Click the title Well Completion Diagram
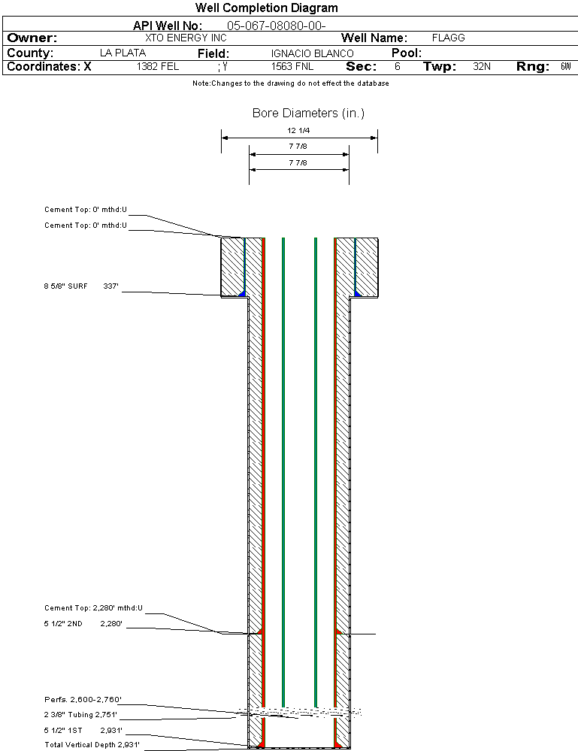(267, 8)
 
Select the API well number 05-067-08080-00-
(276, 26)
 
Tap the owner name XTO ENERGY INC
(186, 38)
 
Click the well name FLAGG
(449, 38)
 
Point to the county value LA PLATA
(123, 53)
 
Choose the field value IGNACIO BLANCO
(312, 53)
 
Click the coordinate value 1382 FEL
(158, 67)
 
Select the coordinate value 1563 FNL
(292, 67)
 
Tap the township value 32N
(482, 67)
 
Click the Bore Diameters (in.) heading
(308, 114)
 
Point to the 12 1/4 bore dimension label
(298, 130)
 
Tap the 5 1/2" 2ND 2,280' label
(83, 623)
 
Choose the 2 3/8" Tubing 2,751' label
(80, 715)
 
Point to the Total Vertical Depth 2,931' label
(92, 745)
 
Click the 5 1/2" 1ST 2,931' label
(83, 730)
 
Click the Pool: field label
(407, 53)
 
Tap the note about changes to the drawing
(290, 83)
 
